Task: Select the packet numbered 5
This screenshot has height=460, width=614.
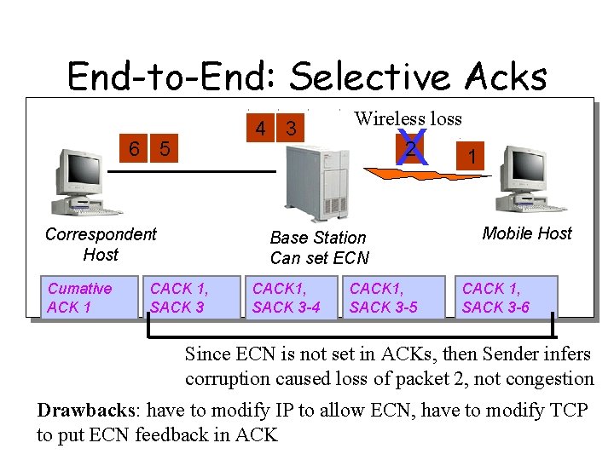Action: click(x=165, y=149)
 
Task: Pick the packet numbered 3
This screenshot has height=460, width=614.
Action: click(x=292, y=129)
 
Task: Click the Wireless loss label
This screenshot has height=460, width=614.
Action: click(x=408, y=118)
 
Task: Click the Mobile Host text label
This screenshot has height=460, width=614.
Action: click(x=527, y=233)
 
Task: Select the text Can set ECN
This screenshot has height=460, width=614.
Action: click(x=320, y=258)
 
